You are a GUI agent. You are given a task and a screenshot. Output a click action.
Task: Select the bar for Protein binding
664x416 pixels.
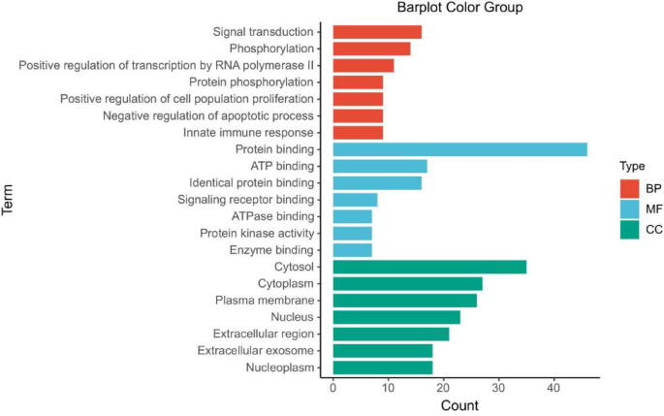coord(459,149)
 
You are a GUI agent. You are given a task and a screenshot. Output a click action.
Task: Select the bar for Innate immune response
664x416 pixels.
coord(358,132)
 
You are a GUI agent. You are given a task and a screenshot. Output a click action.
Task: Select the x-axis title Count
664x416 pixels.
coord(459,405)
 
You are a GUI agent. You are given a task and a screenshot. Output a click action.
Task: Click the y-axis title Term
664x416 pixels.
coord(10,200)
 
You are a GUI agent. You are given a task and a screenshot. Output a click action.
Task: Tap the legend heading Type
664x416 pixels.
coord(633,166)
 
